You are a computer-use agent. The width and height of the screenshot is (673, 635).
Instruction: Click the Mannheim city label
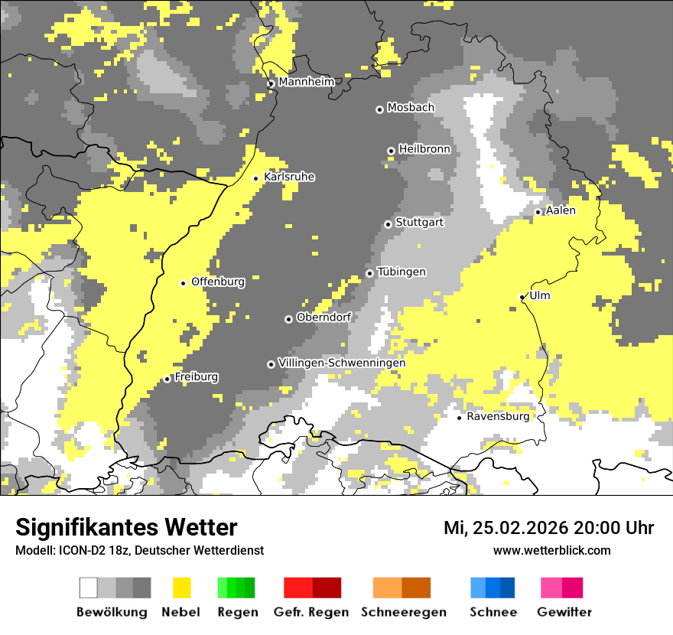[x=306, y=82]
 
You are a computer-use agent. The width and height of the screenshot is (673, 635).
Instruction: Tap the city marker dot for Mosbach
[x=379, y=109]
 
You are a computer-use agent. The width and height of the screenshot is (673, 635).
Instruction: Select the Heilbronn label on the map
[x=424, y=149]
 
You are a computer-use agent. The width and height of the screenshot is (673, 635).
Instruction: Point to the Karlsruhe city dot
[x=256, y=178]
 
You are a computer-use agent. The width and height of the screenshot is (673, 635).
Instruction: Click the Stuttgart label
[x=419, y=223]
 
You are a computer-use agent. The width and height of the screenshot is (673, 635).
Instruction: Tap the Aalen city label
[x=561, y=210]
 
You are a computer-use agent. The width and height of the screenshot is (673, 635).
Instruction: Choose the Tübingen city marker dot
[x=369, y=273]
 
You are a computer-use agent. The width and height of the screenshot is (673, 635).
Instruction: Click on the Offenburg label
[x=218, y=282]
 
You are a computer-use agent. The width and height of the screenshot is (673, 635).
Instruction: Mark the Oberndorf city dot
[x=288, y=319]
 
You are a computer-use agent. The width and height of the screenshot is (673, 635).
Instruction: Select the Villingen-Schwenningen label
[x=342, y=363]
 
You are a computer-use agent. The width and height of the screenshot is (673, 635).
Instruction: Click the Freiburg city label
[x=196, y=377]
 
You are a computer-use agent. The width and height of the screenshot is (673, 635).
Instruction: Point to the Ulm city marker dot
[x=522, y=297]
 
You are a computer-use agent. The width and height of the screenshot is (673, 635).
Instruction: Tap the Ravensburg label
[x=498, y=417]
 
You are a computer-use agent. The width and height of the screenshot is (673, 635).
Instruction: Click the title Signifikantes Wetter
[x=126, y=528]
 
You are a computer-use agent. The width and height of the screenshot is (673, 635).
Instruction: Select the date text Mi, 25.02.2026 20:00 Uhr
[x=548, y=528]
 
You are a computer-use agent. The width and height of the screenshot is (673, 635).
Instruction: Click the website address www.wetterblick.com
[x=551, y=551]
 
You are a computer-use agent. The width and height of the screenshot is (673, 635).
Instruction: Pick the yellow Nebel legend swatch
[x=181, y=588]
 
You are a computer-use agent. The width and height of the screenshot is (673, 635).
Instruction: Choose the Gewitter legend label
[x=564, y=612]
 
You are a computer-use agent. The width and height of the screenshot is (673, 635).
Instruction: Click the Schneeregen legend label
[x=403, y=612]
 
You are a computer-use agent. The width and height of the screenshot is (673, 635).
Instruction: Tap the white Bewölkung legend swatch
[x=89, y=588]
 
